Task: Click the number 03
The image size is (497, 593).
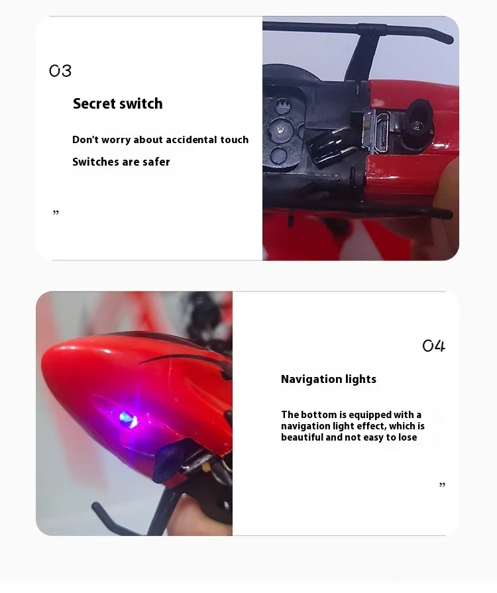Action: (x=60, y=71)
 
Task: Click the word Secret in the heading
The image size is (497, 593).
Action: (x=94, y=103)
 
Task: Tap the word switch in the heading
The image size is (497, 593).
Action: (x=141, y=103)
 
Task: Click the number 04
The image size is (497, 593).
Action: (x=433, y=345)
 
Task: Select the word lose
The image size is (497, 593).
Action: (x=407, y=437)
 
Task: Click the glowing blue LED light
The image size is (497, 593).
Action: (x=129, y=419)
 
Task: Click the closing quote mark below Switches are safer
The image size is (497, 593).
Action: (x=56, y=213)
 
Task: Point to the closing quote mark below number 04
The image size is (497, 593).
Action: (x=442, y=485)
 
